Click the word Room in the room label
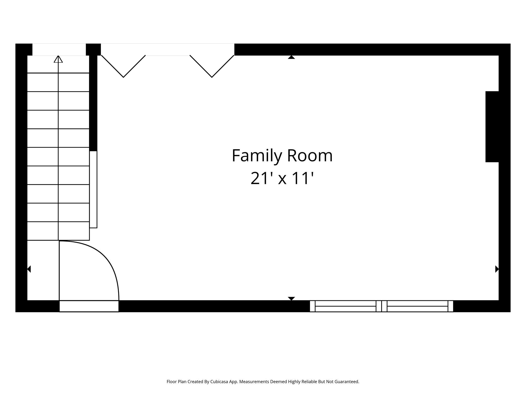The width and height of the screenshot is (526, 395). pos(310,156)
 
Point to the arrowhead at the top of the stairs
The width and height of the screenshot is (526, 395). pos(58,59)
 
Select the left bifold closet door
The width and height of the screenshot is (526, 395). pos(124,66)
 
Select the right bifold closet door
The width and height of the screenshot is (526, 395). pos(212,66)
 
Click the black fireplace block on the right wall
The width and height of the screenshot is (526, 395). pos(492,127)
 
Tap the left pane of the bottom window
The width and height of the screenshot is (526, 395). pos(345,306)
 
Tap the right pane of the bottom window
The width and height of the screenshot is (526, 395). pos(417,306)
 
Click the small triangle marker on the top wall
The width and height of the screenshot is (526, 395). pos(291,57)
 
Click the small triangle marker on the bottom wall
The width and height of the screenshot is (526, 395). pos(291,299)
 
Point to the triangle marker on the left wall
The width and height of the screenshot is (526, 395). pos(29,269)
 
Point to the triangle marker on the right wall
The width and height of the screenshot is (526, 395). pos(497,269)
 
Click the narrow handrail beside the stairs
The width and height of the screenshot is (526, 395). pos(93,189)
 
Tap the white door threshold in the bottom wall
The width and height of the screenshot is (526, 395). pos(89,306)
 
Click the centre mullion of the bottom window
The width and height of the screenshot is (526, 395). pos(381,306)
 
